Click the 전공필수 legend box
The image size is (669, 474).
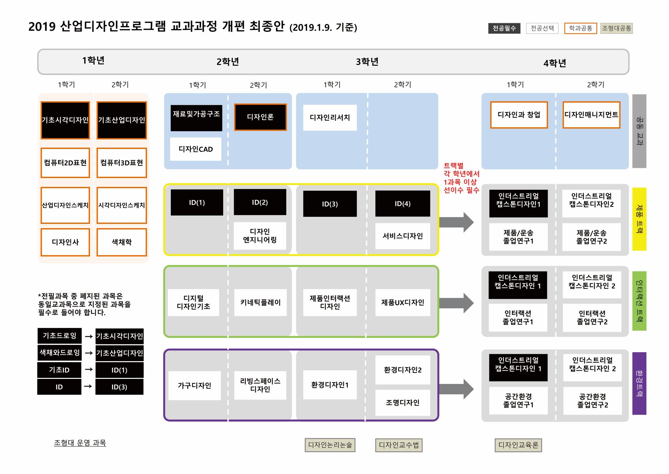(x=504, y=28)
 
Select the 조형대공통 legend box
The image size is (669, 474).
(x=616, y=28)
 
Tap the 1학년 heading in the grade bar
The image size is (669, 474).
(x=93, y=60)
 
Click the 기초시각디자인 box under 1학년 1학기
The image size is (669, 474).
(x=65, y=120)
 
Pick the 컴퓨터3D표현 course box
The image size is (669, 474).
(x=121, y=163)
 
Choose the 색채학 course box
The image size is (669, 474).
(x=121, y=242)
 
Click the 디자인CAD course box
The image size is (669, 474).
(x=196, y=149)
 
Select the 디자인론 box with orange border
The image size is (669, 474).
(x=260, y=117)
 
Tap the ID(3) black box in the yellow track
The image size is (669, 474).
(x=330, y=204)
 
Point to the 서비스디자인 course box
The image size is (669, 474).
(x=402, y=236)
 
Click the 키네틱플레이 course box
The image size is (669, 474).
(x=260, y=303)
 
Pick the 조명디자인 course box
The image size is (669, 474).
(x=402, y=403)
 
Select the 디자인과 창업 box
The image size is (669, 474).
(x=519, y=115)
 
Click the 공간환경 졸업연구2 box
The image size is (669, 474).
(x=592, y=400)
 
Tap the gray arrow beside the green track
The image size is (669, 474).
(x=456, y=303)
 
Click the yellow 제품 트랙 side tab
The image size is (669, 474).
(x=639, y=219)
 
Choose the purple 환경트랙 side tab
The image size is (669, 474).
(x=639, y=383)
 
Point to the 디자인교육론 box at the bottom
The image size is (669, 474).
(x=518, y=445)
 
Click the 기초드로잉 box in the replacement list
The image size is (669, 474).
(x=59, y=336)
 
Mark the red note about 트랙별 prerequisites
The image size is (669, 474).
(x=461, y=178)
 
